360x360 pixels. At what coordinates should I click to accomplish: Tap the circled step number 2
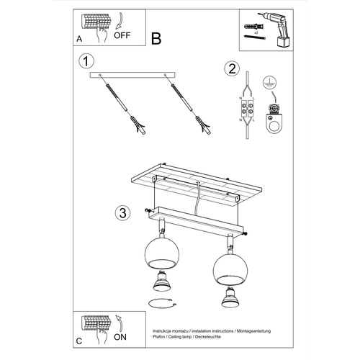(x=231, y=69)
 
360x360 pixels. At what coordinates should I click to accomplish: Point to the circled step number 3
(x=123, y=212)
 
